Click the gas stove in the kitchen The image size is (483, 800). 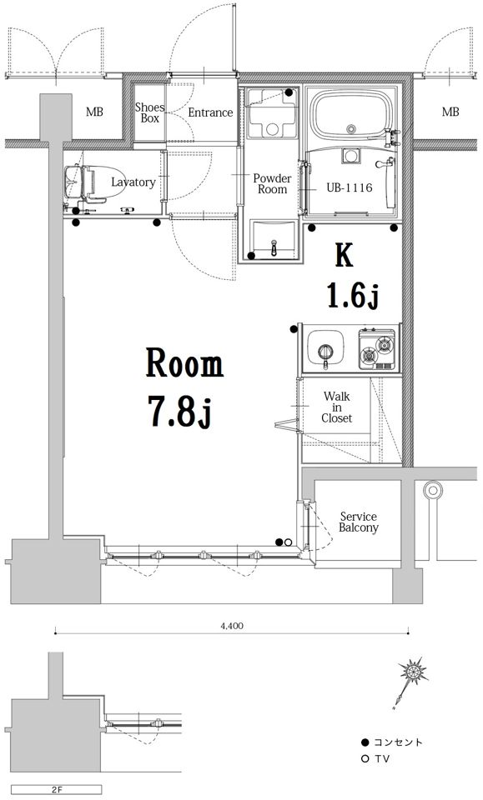coord(377,349)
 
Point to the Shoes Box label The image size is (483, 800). coord(149,112)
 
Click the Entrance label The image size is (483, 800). coord(210,112)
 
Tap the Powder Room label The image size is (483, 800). coord(272,183)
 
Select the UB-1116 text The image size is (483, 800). coord(350,187)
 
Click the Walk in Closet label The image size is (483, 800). coord(336,407)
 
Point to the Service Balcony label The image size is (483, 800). coord(359,522)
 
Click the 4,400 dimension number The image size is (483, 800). coord(232,626)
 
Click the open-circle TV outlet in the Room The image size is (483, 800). coord(288,542)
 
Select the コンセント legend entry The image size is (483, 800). coord(392,742)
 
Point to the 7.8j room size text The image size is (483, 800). coord(179,411)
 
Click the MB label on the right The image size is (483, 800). coord(450,112)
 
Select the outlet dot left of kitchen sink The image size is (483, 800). coord(294,329)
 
